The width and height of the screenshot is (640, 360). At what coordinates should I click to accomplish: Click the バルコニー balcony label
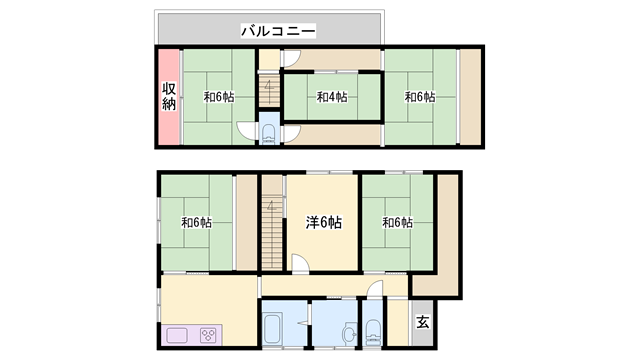pyautogui.click(x=278, y=31)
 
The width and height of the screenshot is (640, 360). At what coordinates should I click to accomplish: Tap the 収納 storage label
pyautogui.click(x=169, y=96)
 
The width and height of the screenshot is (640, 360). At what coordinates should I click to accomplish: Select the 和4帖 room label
pyautogui.click(x=332, y=97)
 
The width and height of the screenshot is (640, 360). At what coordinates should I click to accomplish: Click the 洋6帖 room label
pyautogui.click(x=324, y=222)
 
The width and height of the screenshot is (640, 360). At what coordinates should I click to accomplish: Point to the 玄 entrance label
pyautogui.click(x=422, y=322)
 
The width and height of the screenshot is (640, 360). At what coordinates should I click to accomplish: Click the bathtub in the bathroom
pyautogui.click(x=272, y=328)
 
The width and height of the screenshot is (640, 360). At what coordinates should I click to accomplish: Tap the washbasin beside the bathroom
pyautogui.click(x=350, y=333)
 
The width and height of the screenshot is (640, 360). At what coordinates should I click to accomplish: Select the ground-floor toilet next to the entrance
pyautogui.click(x=373, y=331)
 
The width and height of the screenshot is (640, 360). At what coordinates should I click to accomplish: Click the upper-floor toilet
pyautogui.click(x=269, y=134)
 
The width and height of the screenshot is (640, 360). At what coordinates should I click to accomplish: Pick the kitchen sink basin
pyautogui.click(x=177, y=336)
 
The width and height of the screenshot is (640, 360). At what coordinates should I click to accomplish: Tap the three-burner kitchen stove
pyautogui.click(x=208, y=336)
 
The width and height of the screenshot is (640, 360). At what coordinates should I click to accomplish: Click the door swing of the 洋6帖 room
pyautogui.click(x=300, y=262)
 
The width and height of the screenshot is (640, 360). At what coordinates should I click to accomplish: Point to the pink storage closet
pyautogui.click(x=169, y=97)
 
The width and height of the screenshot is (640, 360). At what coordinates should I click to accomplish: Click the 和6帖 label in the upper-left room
pyautogui.click(x=219, y=97)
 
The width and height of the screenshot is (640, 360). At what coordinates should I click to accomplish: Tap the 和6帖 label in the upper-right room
pyautogui.click(x=420, y=97)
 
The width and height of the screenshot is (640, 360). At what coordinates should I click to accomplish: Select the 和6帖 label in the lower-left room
pyautogui.click(x=197, y=223)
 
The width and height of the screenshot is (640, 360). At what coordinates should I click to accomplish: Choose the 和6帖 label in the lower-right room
pyautogui.click(x=398, y=223)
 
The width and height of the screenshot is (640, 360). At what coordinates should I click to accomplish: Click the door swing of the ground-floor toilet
pyautogui.click(x=376, y=289)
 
